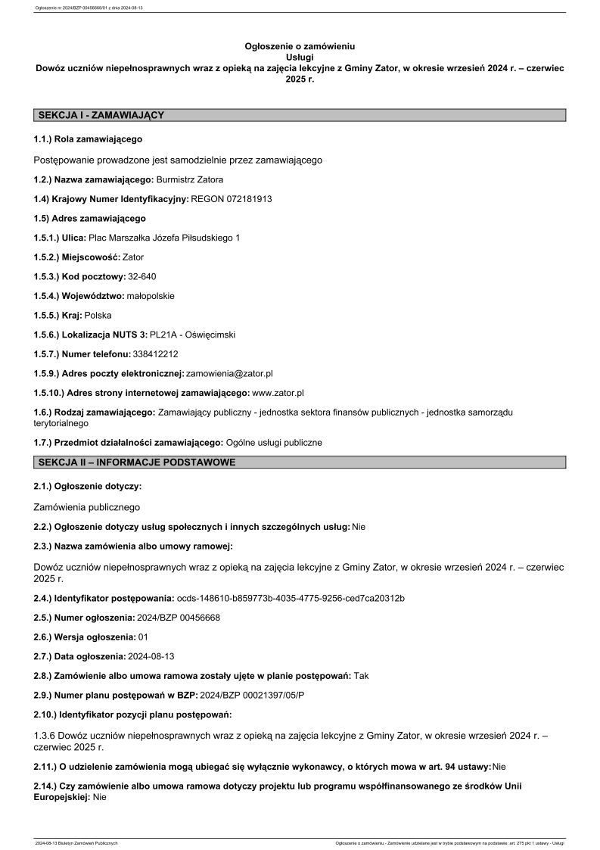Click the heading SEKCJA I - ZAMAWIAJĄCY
point(101,115)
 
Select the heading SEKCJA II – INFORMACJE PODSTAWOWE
point(136,462)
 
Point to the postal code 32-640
point(142,277)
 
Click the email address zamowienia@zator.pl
point(229,374)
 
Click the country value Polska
point(98,316)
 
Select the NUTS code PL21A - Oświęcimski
point(192,335)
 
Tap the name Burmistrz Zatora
point(190,179)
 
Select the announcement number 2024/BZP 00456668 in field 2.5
point(179,618)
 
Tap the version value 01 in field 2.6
point(144,637)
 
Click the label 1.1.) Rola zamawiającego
point(88,139)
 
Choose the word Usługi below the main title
point(300,57)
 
